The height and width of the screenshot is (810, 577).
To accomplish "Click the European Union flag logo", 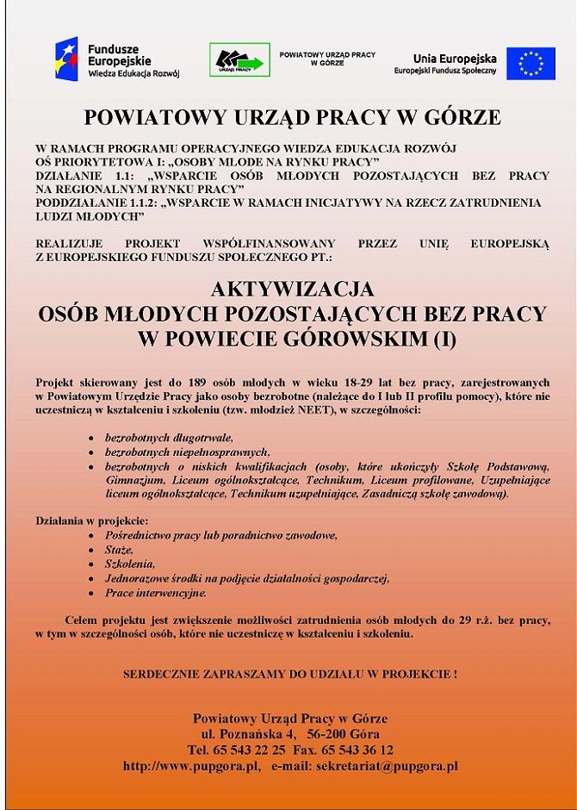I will pyautogui.click(x=531, y=63).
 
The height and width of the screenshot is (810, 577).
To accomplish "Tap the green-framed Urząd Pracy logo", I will pyautogui.click(x=239, y=59).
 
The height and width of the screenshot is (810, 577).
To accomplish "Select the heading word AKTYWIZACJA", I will pyautogui.click(x=292, y=289).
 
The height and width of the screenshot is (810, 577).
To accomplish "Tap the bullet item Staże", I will pyautogui.click(x=119, y=550).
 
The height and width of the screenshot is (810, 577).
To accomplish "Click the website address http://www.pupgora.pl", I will pyautogui.click(x=191, y=765).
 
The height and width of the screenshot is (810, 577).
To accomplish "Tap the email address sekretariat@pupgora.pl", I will pyautogui.click(x=387, y=765).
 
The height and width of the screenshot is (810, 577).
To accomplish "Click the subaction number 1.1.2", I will pyautogui.click(x=135, y=202).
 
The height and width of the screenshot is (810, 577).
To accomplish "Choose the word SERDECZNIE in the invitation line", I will pyautogui.click(x=161, y=672).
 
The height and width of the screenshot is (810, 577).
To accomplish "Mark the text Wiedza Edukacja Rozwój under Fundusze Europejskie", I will pyautogui.click(x=133, y=74).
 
